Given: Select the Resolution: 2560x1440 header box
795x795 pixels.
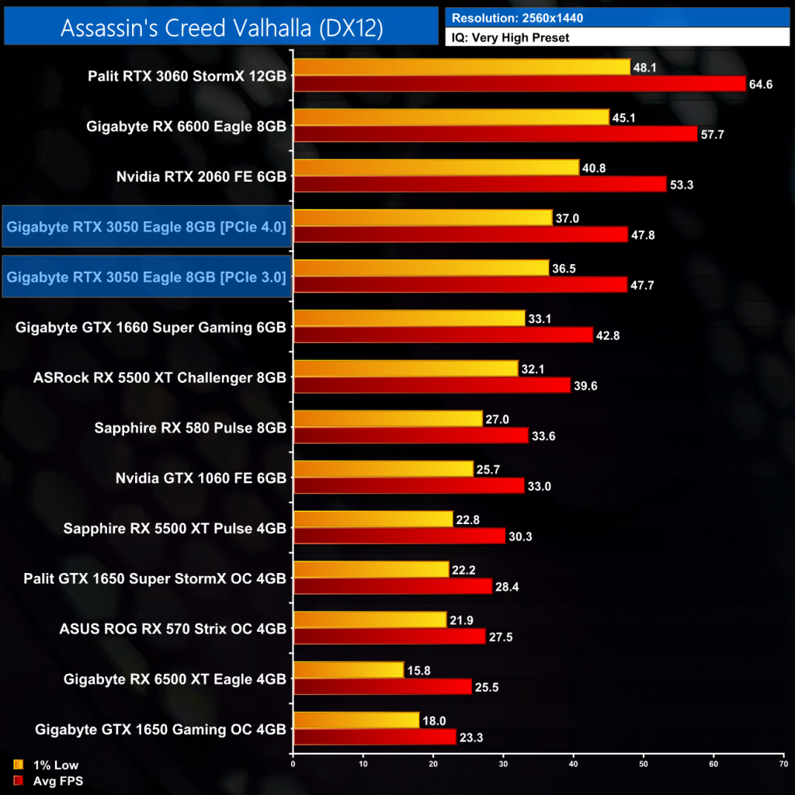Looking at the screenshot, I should pyautogui.click(x=616, y=16).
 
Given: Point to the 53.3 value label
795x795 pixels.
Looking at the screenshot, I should pyautogui.click(x=682, y=184).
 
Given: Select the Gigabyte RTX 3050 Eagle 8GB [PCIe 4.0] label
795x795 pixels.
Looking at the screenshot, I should pyautogui.click(x=147, y=227).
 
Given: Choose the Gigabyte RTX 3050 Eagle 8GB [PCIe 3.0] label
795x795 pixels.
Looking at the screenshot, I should pyautogui.click(x=147, y=276).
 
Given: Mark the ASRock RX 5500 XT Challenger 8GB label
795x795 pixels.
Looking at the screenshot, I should pyautogui.click(x=160, y=377).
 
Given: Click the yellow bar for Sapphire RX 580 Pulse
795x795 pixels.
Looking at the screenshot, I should pyautogui.click(x=387, y=418).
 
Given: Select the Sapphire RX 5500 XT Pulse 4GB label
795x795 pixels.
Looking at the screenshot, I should pyautogui.click(x=175, y=528).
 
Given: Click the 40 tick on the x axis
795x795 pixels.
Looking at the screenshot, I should pyautogui.click(x=573, y=764).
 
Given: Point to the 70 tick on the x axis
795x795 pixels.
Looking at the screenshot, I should pyautogui.click(x=783, y=764).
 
